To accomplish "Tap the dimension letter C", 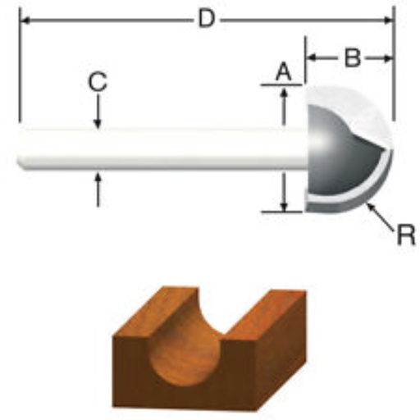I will pyautogui.click(x=97, y=82).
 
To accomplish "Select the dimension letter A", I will pyautogui.click(x=283, y=72).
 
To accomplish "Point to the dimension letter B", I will pyautogui.click(x=351, y=58).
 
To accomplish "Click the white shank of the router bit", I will pyautogui.click(x=156, y=148).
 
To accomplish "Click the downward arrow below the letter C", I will pyautogui.click(x=98, y=112).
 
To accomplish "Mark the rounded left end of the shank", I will pyautogui.click(x=21, y=148).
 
